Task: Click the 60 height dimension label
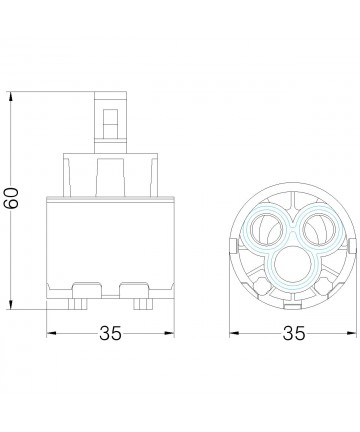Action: click(x=12, y=198)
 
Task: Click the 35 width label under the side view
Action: click(x=110, y=333)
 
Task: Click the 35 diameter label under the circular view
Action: click(x=294, y=333)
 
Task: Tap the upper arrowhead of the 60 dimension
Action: click(x=11, y=97)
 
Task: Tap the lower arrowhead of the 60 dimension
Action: click(x=11, y=304)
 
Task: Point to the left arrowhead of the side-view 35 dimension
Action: click(x=52, y=333)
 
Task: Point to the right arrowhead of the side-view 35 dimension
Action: click(x=169, y=333)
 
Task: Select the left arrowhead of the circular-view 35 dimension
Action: click(x=235, y=333)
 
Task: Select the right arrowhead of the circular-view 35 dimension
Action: click(x=352, y=333)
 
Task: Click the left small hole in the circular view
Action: click(x=266, y=230)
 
